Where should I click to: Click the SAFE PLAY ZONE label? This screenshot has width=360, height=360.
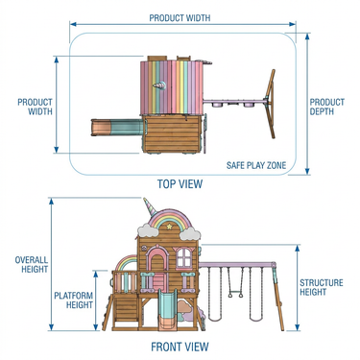[256, 165]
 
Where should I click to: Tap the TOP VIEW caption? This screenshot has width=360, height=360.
[180, 184]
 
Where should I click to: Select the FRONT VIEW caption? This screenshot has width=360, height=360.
[180, 347]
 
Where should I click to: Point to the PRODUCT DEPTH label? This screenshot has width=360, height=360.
[326, 107]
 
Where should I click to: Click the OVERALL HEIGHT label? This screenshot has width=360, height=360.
[32, 264]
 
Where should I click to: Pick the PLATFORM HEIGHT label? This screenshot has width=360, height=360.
[74, 300]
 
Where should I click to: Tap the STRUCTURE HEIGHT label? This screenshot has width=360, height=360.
[321, 287]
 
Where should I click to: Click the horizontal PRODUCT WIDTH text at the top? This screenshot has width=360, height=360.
[180, 17]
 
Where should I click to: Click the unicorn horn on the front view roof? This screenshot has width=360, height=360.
[151, 207]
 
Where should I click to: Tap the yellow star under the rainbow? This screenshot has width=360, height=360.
[169, 227]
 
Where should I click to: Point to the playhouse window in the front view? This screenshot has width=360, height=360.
[184, 257]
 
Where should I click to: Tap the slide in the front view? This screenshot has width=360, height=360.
[166, 309]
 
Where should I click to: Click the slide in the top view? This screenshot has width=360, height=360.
[117, 128]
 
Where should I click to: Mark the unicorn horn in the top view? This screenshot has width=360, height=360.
[159, 85]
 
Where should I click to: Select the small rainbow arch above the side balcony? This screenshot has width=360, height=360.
[127, 263]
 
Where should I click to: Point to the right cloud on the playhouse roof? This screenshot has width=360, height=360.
[190, 234]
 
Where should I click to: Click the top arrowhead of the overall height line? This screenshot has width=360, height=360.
[52, 201]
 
